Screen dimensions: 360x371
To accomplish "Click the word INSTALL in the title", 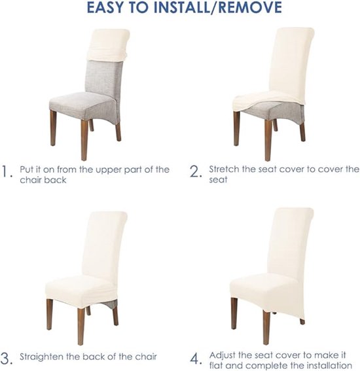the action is (x=181, y=7).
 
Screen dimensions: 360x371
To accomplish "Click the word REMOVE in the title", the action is (x=250, y=7).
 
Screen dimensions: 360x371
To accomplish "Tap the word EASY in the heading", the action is (x=105, y=7).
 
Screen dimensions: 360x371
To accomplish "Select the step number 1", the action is (x=7, y=172).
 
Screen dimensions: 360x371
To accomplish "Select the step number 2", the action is (x=196, y=172).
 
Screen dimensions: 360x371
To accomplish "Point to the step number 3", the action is (x=7, y=359).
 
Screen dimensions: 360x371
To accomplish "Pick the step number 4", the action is (x=196, y=359).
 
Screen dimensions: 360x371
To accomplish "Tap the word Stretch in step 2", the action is (x=224, y=169).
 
